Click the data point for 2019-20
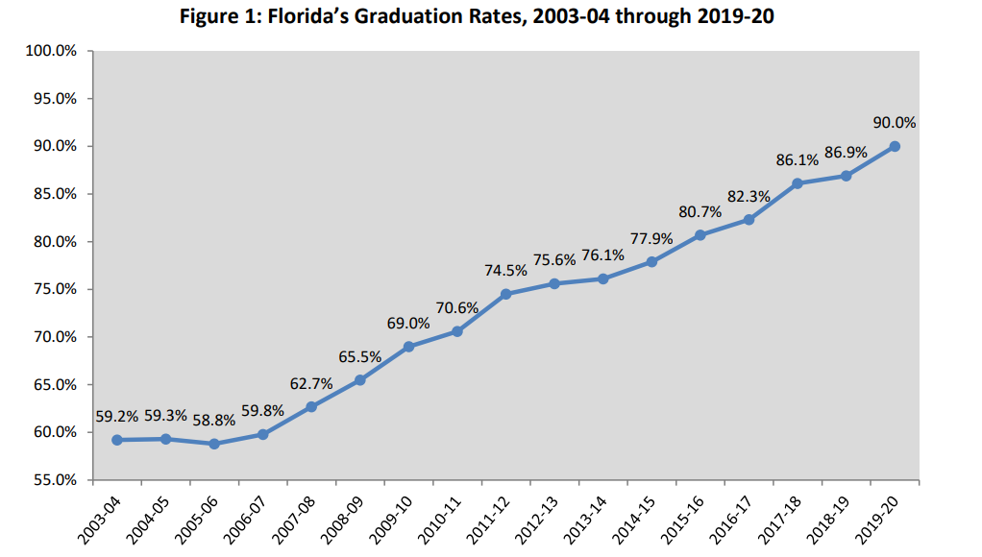[x=895, y=146]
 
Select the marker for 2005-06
[x=214, y=444]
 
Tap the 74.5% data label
[x=505, y=271]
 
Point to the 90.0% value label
[x=895, y=123]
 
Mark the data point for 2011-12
[x=505, y=294]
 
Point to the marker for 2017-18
[x=798, y=183]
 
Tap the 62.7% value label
[x=311, y=383]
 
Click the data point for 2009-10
[x=408, y=347]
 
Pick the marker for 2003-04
[x=116, y=440]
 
